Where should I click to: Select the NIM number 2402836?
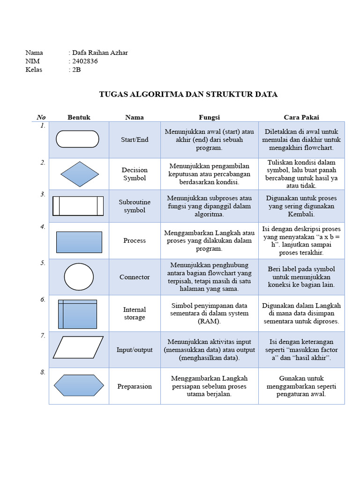point(85,61)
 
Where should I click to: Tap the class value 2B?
point(76,70)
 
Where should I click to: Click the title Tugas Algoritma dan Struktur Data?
point(188,94)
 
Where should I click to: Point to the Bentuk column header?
point(79,117)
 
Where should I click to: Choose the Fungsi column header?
point(209,117)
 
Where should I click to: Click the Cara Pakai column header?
point(301,117)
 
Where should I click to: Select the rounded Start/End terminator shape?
point(78,139)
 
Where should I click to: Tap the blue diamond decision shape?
point(79,174)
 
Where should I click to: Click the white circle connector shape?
point(79,277)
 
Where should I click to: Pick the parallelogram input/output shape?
point(78,347)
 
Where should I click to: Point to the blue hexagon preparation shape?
point(79,385)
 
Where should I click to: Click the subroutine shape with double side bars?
point(78,206)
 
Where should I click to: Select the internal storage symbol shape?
point(78,314)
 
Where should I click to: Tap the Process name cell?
point(135,240)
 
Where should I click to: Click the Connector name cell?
point(135,277)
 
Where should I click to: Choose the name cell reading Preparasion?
point(135,386)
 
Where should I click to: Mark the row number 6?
point(43,299)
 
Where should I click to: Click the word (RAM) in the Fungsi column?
point(209,322)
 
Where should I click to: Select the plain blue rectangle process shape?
point(79,242)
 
